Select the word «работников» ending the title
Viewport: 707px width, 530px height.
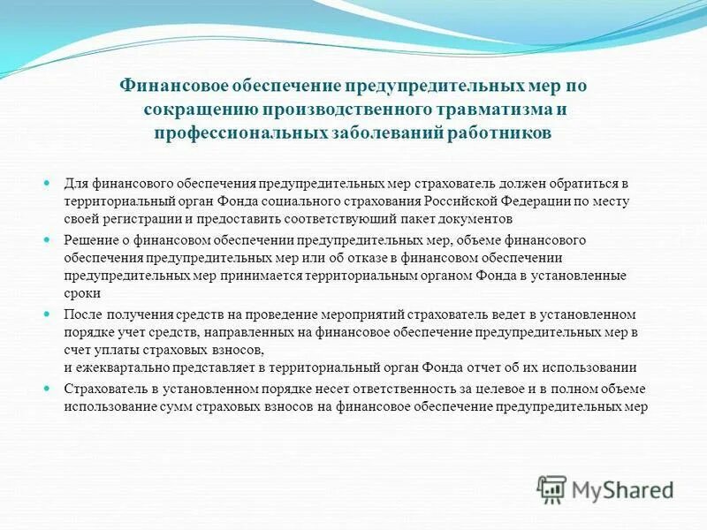click(x=504, y=132)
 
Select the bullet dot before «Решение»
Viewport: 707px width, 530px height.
click(x=49, y=240)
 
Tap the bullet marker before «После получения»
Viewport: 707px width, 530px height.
click(x=49, y=314)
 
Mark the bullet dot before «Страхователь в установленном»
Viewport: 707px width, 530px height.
click(x=49, y=389)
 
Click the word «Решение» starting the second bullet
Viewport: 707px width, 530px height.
click(x=88, y=240)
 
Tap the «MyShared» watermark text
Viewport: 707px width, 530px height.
click(x=622, y=489)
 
